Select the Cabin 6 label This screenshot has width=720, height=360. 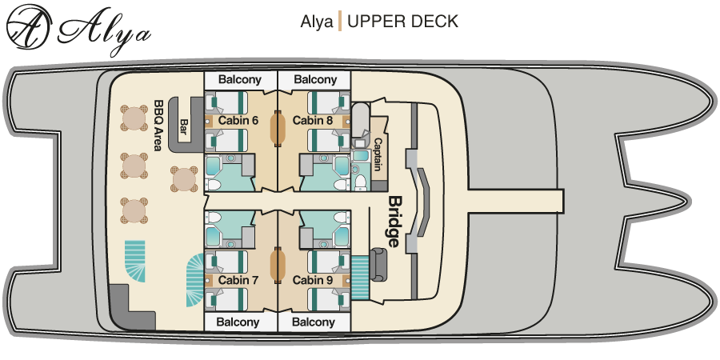click(x=238, y=121)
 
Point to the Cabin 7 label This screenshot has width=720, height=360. click(x=238, y=280)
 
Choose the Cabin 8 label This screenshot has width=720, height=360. click(x=312, y=121)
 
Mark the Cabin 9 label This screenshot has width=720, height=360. click(x=312, y=280)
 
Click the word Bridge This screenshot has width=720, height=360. click(x=394, y=219)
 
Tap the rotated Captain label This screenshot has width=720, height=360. click(x=377, y=154)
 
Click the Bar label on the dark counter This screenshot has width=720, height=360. click(x=184, y=127)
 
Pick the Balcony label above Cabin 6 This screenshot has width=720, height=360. click(x=240, y=80)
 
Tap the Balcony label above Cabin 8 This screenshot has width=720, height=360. click(x=314, y=80)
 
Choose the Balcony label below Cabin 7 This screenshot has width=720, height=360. click(x=240, y=322)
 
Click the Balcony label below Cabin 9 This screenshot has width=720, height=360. click(x=314, y=322)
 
